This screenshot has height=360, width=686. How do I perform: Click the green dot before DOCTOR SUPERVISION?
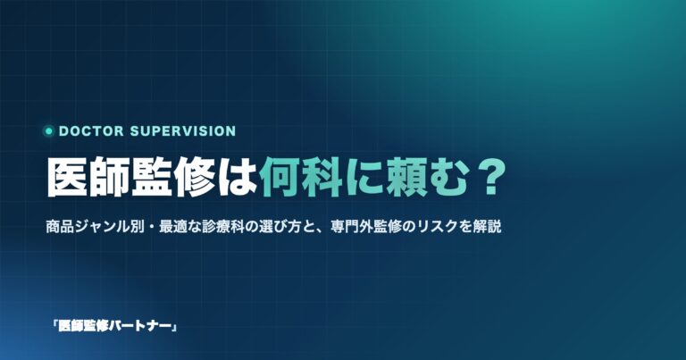click(x=48, y=130)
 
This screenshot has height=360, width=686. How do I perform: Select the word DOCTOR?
click(x=91, y=130)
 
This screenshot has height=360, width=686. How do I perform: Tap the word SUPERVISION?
click(x=183, y=130)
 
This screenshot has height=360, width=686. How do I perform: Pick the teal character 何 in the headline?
click(x=280, y=177)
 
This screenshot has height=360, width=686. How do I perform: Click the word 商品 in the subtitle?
click(x=60, y=227)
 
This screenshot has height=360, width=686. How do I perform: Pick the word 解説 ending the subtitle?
click(x=487, y=227)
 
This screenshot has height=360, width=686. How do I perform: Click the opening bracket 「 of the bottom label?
click(x=54, y=324)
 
